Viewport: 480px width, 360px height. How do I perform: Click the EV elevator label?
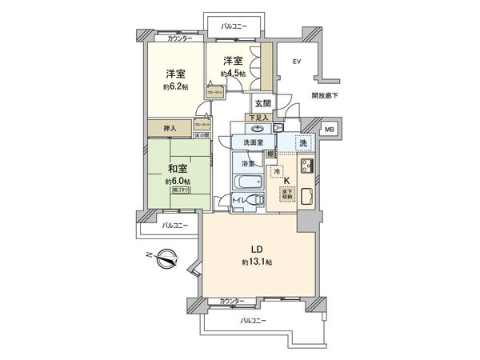pos(296,62)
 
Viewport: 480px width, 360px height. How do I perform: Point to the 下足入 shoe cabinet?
pos(258,118)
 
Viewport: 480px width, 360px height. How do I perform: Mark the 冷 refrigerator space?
pos(276,171)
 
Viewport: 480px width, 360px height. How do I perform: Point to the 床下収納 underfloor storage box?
pos(284,194)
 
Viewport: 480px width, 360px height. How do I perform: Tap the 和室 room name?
pos(178,169)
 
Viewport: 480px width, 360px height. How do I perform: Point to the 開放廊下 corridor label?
pos(324,95)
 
